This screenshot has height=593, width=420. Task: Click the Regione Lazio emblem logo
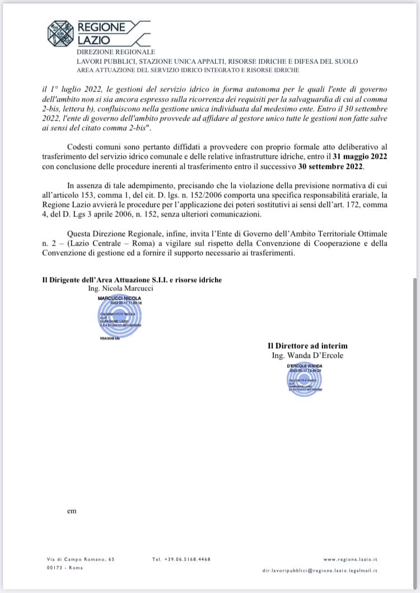(x=60, y=34)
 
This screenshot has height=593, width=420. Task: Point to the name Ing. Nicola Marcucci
(x=120, y=288)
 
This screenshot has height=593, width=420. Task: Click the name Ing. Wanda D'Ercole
(x=307, y=355)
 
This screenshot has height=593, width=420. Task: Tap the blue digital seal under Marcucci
(x=120, y=318)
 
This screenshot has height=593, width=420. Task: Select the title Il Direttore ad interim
(x=307, y=346)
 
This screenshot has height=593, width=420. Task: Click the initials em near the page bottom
(x=71, y=511)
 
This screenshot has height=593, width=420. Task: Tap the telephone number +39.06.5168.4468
(x=181, y=559)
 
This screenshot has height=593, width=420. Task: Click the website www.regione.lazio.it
(x=351, y=559)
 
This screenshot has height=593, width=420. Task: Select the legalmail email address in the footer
(x=320, y=570)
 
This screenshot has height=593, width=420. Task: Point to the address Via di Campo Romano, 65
(x=81, y=559)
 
